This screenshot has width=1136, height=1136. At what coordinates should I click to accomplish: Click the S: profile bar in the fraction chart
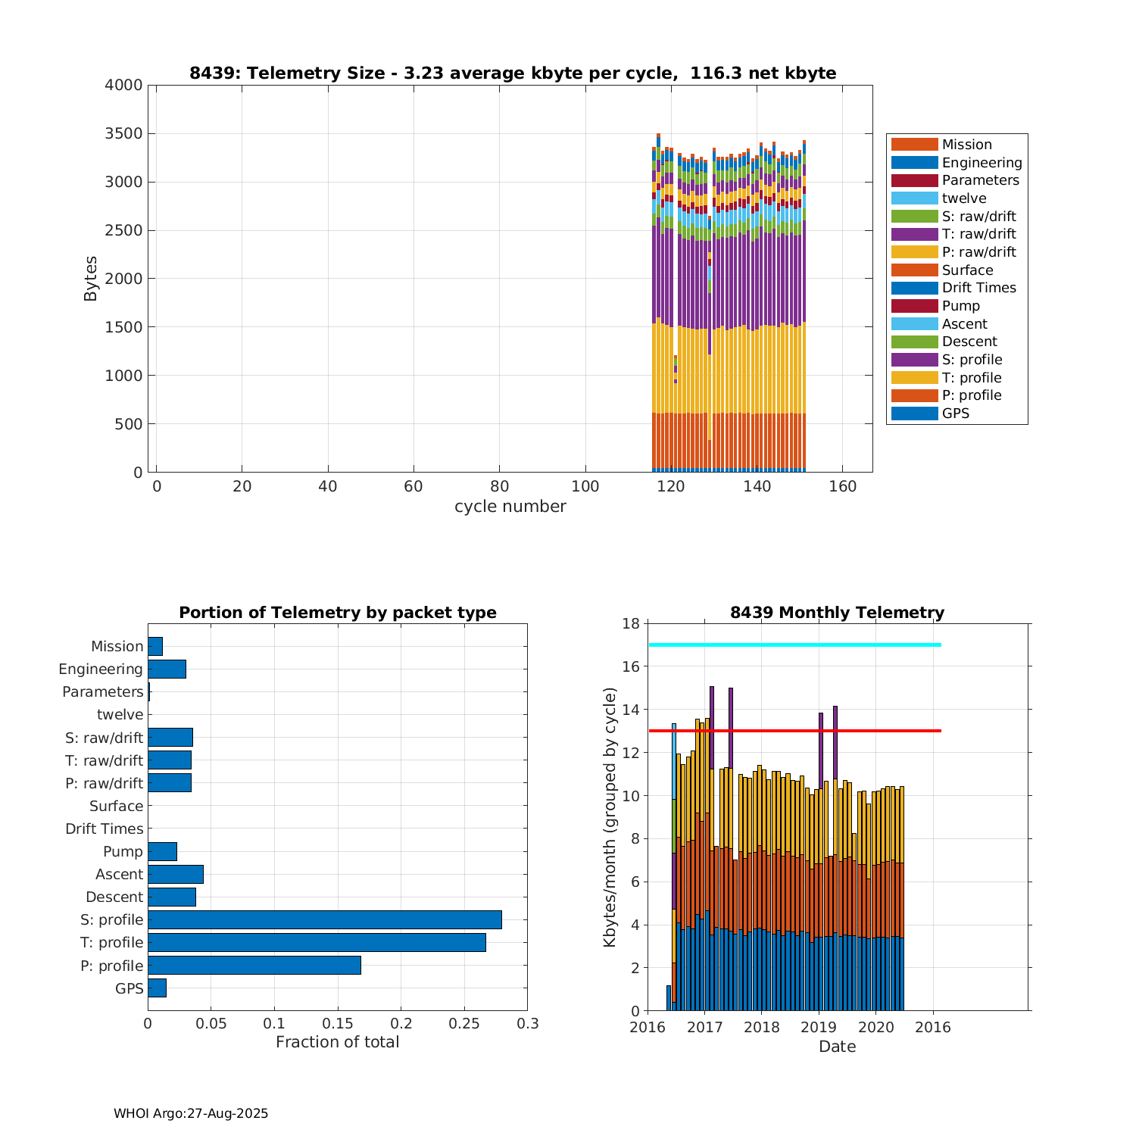(324, 919)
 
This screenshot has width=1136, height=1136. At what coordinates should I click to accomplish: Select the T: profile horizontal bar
(317, 942)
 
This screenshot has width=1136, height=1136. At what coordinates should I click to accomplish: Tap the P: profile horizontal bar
(254, 965)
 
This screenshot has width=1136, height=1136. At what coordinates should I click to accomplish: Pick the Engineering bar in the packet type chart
(167, 669)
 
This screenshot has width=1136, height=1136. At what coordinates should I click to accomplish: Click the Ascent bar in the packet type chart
(175, 874)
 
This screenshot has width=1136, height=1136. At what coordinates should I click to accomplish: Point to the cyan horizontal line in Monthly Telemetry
(795, 644)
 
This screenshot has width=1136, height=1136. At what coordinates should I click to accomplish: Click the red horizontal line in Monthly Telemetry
(795, 731)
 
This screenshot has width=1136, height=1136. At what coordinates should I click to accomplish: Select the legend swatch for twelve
(914, 198)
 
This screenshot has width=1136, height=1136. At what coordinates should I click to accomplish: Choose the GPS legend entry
(955, 414)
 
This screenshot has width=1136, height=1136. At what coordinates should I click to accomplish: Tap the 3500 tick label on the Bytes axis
(123, 134)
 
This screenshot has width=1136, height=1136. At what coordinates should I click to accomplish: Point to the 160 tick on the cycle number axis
(843, 486)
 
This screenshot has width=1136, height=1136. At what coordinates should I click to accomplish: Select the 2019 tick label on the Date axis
(819, 1027)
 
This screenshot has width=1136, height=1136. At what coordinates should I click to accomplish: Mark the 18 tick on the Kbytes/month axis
(630, 623)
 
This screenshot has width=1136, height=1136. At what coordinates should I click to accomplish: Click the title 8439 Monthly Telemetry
(837, 612)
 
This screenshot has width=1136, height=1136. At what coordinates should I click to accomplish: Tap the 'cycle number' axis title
(510, 507)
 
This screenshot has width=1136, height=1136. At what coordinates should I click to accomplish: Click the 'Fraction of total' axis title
(337, 1042)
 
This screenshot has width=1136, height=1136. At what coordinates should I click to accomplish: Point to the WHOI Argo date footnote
(191, 1113)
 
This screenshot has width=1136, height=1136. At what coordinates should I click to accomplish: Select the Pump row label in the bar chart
(123, 851)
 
